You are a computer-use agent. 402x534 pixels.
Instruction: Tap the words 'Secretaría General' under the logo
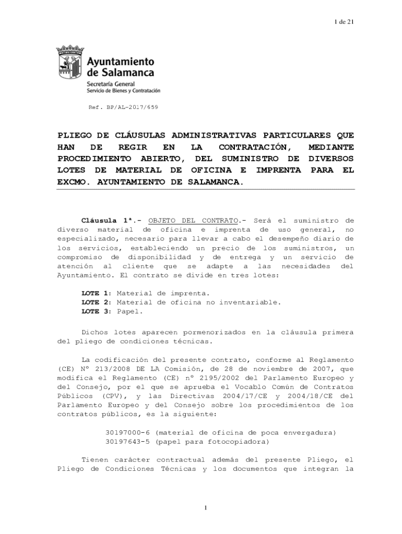pos(110,83)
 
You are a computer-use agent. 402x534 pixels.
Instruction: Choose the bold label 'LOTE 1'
pos(96,293)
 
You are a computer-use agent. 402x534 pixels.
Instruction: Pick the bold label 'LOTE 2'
pos(96,302)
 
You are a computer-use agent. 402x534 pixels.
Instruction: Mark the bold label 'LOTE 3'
pos(96,311)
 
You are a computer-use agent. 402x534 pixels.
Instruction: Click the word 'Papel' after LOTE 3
pos(129,311)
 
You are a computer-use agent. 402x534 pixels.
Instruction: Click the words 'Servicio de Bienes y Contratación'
pos(123,90)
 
